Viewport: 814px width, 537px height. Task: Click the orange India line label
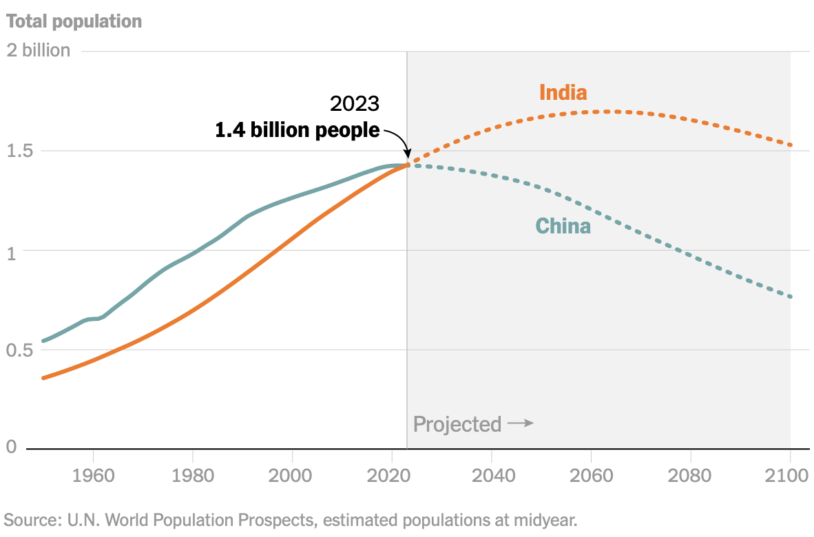(563, 92)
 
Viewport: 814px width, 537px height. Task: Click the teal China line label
(563, 226)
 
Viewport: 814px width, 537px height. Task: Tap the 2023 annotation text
(355, 104)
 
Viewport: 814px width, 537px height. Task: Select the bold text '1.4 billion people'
(298, 130)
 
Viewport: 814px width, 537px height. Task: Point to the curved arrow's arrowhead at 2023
(406, 155)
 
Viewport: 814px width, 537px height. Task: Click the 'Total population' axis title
(74, 21)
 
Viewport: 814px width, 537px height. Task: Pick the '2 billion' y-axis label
(38, 50)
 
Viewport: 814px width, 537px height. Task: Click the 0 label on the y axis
(11, 447)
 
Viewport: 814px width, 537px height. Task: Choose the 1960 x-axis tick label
(93, 476)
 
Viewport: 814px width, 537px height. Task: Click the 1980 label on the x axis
(193, 476)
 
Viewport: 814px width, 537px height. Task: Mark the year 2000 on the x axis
(292, 476)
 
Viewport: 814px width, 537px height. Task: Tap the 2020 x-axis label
(392, 476)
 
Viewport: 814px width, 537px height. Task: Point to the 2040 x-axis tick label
(492, 476)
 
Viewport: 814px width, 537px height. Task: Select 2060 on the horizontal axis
(591, 476)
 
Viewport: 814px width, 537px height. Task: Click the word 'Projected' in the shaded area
(457, 424)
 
